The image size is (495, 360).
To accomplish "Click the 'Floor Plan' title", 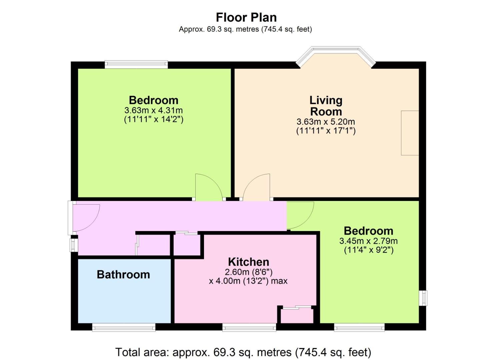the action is pyautogui.click(x=246, y=18).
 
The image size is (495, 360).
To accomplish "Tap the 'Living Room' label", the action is pyautogui.click(x=326, y=106).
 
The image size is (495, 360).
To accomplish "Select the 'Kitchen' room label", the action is pyautogui.click(x=248, y=262).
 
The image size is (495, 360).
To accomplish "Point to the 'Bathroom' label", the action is pyautogui.click(x=123, y=274).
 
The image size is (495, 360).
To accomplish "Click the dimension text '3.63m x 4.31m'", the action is pyautogui.click(x=154, y=110).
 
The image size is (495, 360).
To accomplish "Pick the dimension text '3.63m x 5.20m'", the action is pyautogui.click(x=326, y=122).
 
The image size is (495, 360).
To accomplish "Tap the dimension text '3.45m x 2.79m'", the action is pyautogui.click(x=368, y=241).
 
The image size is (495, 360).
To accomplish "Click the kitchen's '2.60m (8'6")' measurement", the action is pyautogui.click(x=248, y=272).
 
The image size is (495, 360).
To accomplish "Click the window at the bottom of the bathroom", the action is pyautogui.click(x=124, y=327).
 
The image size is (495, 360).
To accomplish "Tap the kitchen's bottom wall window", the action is pyautogui.click(x=249, y=327).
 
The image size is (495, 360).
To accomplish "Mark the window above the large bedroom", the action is pyautogui.click(x=136, y=64).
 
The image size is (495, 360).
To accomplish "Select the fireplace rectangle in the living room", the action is pyautogui.click(x=410, y=133).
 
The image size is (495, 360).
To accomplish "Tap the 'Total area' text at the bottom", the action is pyautogui.click(x=243, y=352).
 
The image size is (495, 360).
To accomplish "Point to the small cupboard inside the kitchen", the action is pyautogui.click(x=297, y=316).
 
